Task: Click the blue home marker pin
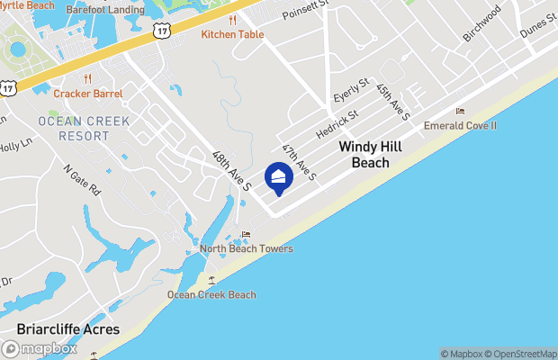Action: point(278,179)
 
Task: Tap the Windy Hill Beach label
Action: point(364,154)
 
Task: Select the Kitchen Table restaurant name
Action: point(232,34)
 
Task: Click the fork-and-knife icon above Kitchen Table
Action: point(232,19)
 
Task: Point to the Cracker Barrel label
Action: point(87,93)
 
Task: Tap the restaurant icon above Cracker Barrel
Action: point(87,78)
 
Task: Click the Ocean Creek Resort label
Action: point(84,128)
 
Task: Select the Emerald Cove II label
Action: point(460,126)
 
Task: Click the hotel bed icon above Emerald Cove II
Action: point(460,112)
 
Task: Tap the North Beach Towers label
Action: point(246,248)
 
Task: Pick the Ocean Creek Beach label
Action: point(211,294)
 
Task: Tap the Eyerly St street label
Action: point(351,92)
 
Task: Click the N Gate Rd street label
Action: point(83,180)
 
